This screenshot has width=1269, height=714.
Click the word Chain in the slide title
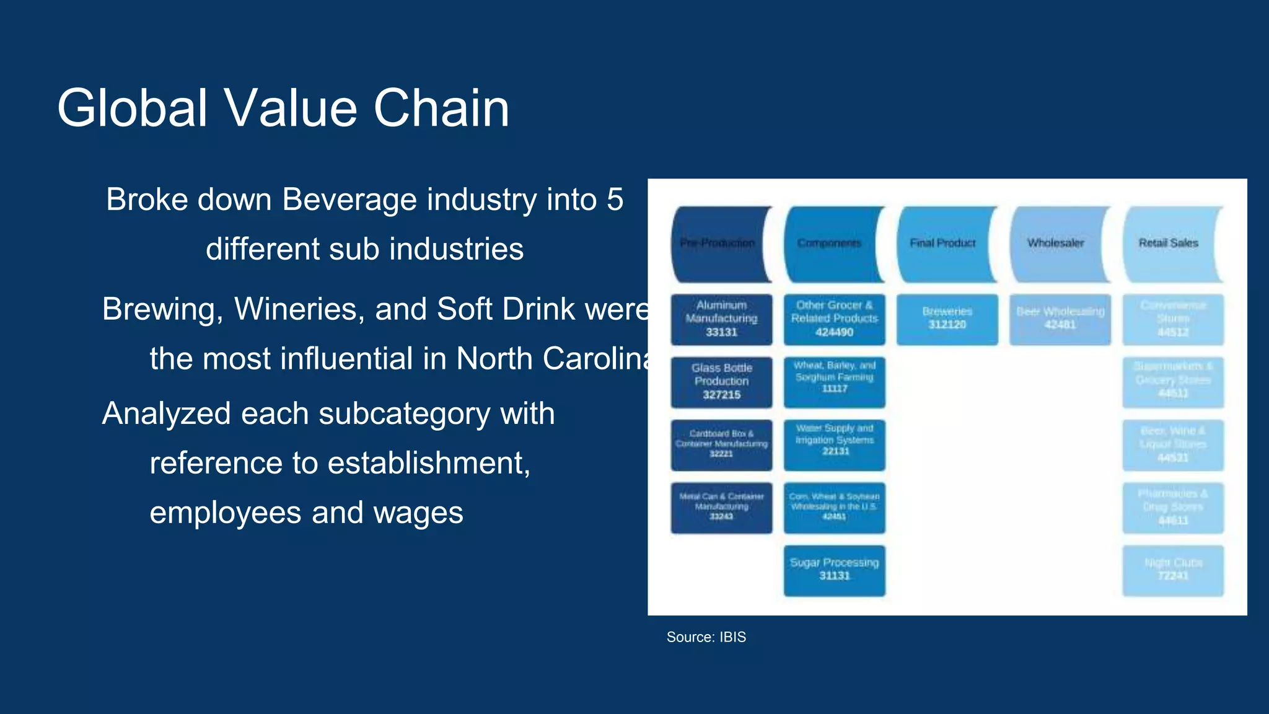[441, 108]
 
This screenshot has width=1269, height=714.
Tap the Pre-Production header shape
[718, 244]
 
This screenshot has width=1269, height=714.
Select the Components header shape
[830, 244]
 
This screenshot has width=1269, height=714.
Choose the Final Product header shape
[943, 244]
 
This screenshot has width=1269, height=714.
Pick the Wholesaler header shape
[1056, 244]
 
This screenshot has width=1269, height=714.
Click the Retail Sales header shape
[1169, 244]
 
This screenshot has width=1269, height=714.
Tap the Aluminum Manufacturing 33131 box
[721, 319]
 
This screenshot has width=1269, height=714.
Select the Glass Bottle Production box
[721, 382]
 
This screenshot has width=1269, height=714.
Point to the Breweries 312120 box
[947, 319]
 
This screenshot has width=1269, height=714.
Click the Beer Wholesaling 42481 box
[1060, 319]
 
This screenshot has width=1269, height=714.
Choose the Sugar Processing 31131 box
[834, 570]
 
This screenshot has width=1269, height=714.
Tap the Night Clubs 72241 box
[1172, 570]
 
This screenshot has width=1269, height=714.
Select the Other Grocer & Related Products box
[834, 319]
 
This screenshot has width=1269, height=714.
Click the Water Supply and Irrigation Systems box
[834, 445]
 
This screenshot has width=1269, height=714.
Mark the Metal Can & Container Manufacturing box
[721, 508]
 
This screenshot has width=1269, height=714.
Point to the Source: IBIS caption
[706, 637]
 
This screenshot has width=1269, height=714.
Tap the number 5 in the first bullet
[615, 200]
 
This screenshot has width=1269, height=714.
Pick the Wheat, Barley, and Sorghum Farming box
[834, 382]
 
